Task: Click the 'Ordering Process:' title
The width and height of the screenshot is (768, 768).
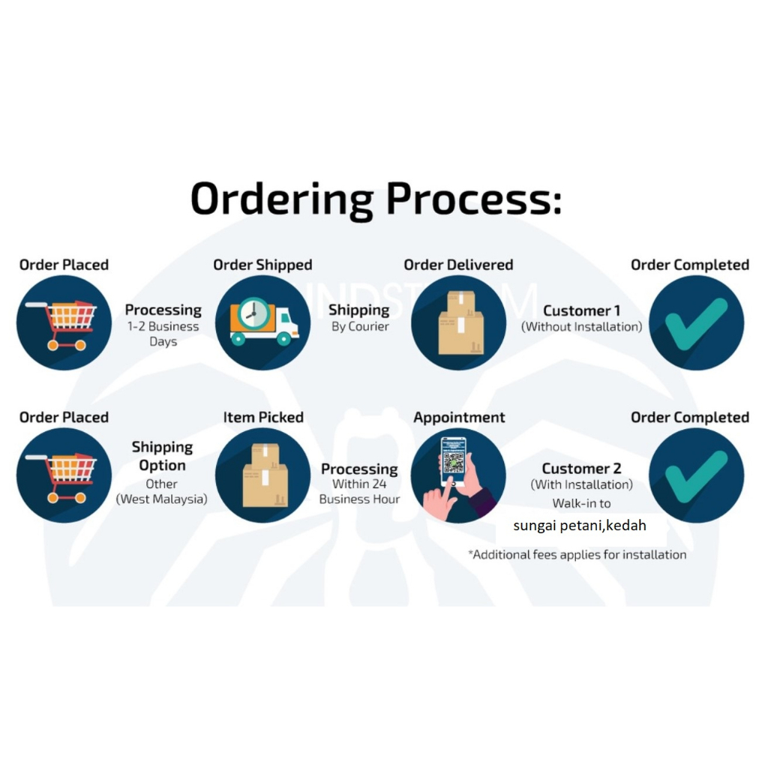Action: pyautogui.click(x=376, y=198)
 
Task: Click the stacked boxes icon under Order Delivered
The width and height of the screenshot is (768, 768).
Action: pyautogui.click(x=459, y=322)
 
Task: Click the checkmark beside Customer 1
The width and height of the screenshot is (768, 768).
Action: pyautogui.click(x=696, y=322)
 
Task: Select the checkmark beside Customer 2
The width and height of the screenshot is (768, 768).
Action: pyautogui.click(x=696, y=475)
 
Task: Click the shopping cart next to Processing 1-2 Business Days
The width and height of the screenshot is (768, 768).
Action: pyautogui.click(x=64, y=323)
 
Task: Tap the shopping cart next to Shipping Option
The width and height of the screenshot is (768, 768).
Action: pyautogui.click(x=64, y=475)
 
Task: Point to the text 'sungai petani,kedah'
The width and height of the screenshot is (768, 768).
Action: pyautogui.click(x=579, y=526)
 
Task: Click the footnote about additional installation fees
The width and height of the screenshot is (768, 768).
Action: pyautogui.click(x=577, y=555)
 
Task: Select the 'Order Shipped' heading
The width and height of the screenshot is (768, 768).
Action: pyautogui.click(x=262, y=265)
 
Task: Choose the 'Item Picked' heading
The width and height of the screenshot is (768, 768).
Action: pyautogui.click(x=263, y=417)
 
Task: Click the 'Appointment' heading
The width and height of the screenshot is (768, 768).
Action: pyautogui.click(x=459, y=417)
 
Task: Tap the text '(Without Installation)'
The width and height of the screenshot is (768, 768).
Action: pyautogui.click(x=582, y=327)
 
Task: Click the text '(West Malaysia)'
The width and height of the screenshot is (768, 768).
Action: pyautogui.click(x=162, y=499)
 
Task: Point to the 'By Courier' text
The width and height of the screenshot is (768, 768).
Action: pyautogui.click(x=360, y=327)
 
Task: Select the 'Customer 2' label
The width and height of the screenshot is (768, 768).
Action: pyautogui.click(x=582, y=469)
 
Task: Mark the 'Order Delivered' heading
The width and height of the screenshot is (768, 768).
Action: pyautogui.click(x=458, y=265)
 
